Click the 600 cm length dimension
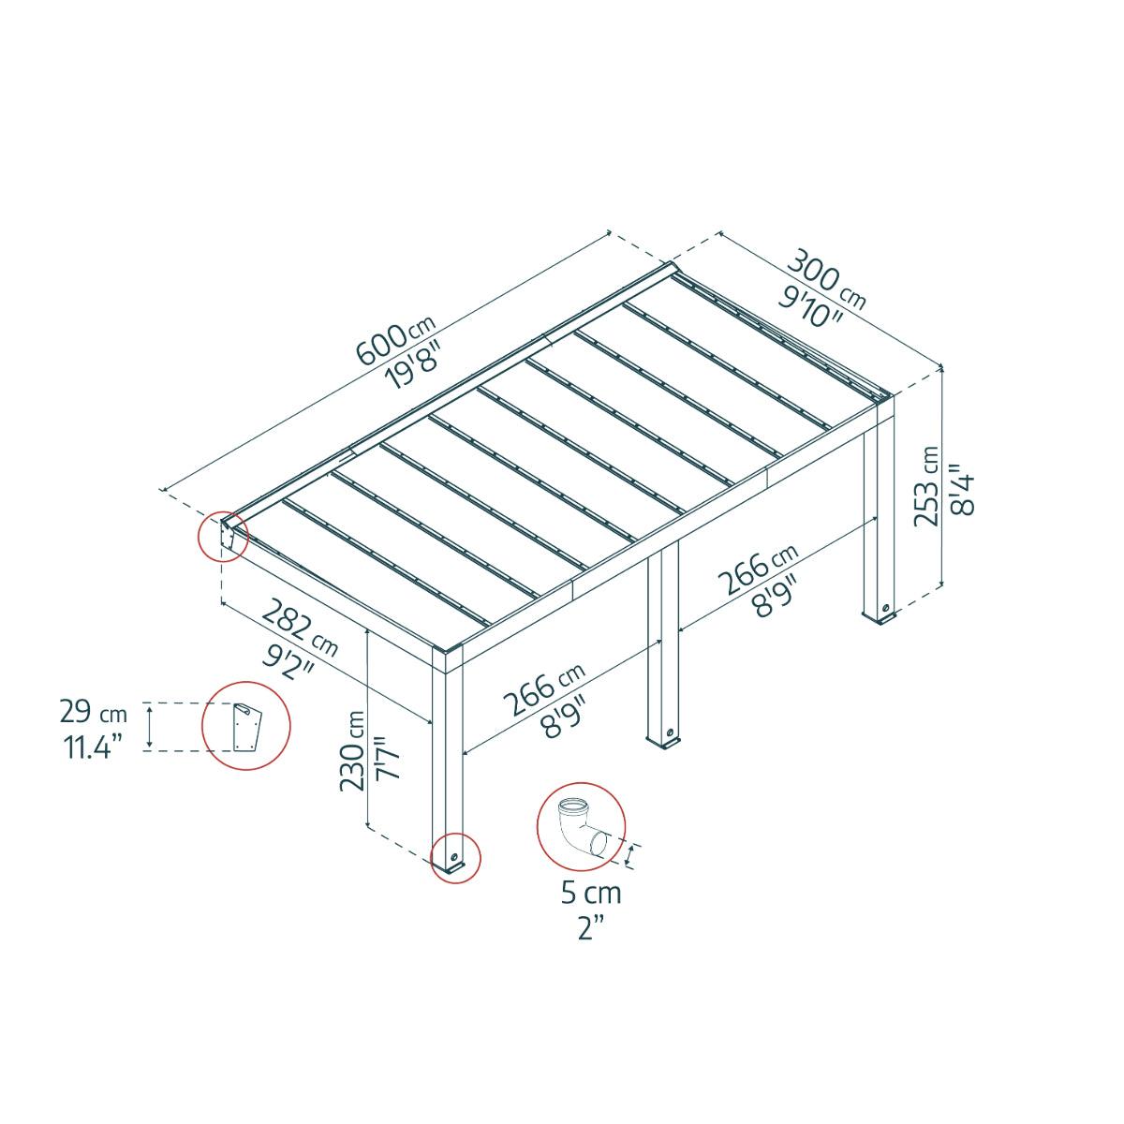[x=394, y=342]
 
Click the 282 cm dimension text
[x=299, y=629]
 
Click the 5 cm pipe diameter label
[x=590, y=893]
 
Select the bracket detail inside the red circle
[x=246, y=727]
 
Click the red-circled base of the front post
[x=454, y=858]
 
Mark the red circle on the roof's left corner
[x=223, y=537]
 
